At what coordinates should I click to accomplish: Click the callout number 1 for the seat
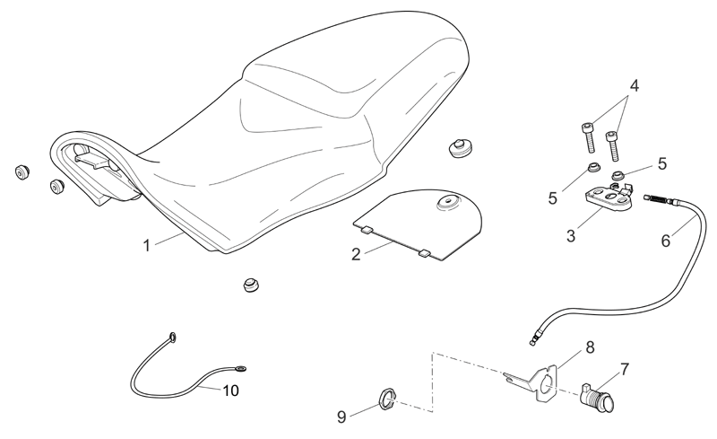(146, 246)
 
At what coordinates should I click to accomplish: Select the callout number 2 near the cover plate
(356, 254)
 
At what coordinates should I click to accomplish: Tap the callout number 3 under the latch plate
(571, 236)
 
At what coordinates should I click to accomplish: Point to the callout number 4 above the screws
(634, 85)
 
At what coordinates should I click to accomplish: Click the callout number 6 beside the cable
(665, 241)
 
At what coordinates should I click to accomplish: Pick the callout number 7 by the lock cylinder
(625, 369)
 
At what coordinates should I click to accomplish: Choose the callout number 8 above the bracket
(590, 347)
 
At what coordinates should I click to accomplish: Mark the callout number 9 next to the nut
(341, 417)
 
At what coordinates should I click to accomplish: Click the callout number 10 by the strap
(231, 391)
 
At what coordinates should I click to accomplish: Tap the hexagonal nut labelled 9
(387, 399)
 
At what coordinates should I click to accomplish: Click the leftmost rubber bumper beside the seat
(22, 171)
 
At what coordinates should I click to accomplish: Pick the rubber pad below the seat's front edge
(251, 285)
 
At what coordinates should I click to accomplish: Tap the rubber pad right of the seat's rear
(460, 147)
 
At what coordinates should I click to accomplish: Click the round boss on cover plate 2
(446, 203)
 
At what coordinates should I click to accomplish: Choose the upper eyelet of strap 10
(172, 338)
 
